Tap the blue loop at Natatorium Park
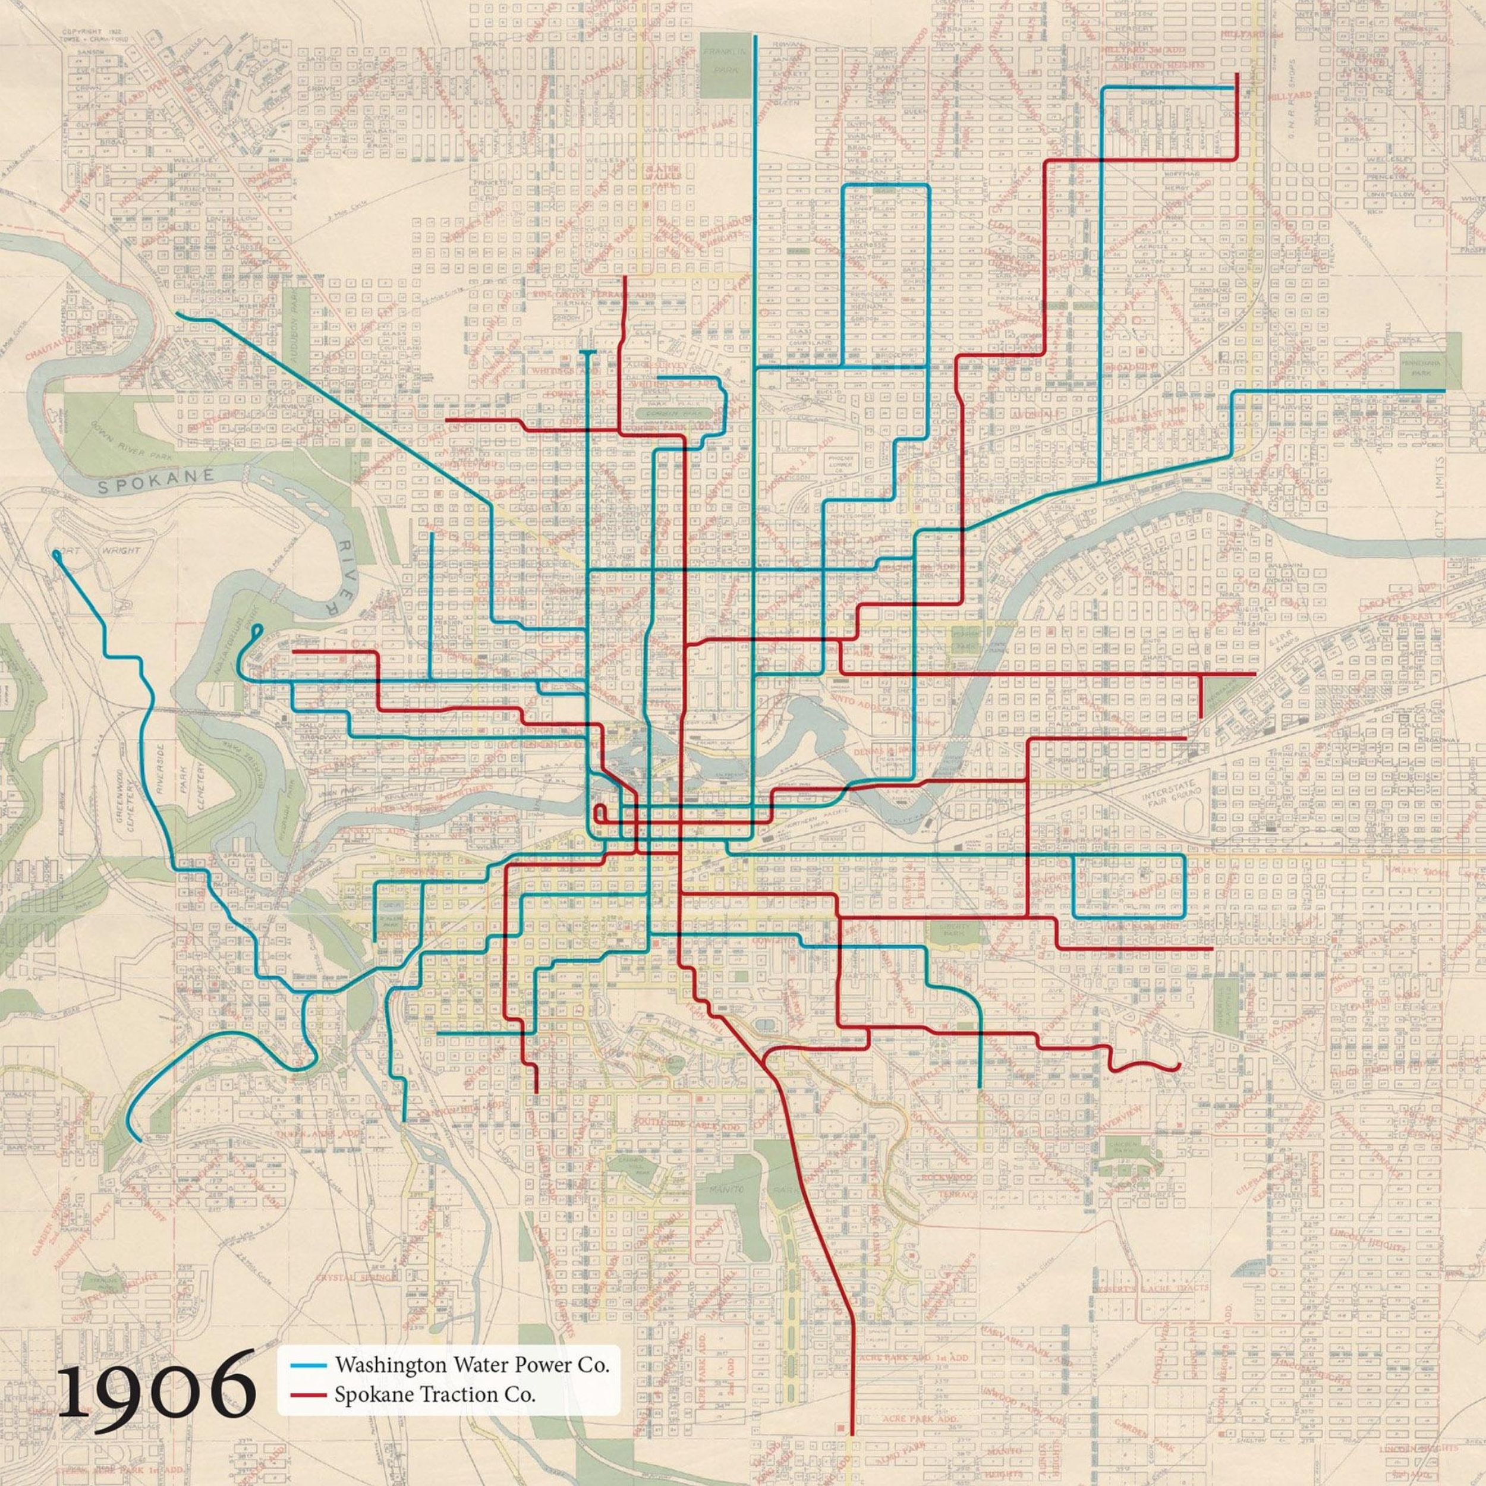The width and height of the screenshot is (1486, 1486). pyautogui.click(x=257, y=631)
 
